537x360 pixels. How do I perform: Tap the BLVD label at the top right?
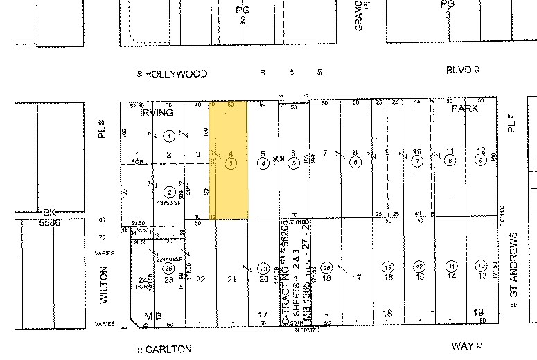(x=458, y=70)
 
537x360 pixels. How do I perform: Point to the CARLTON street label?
(x=169, y=349)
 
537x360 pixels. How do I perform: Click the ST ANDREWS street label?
(x=513, y=266)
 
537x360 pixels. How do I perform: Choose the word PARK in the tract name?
(x=466, y=109)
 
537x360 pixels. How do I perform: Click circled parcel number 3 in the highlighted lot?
(x=230, y=163)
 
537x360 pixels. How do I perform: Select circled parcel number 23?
(x=263, y=268)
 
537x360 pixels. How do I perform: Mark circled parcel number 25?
(x=168, y=268)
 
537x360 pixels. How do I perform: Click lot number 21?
(x=232, y=278)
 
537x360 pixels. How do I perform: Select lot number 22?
(x=200, y=278)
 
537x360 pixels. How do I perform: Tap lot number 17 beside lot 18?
(x=357, y=278)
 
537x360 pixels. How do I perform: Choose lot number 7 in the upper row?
(x=325, y=152)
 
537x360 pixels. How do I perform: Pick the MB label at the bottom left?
(x=154, y=316)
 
